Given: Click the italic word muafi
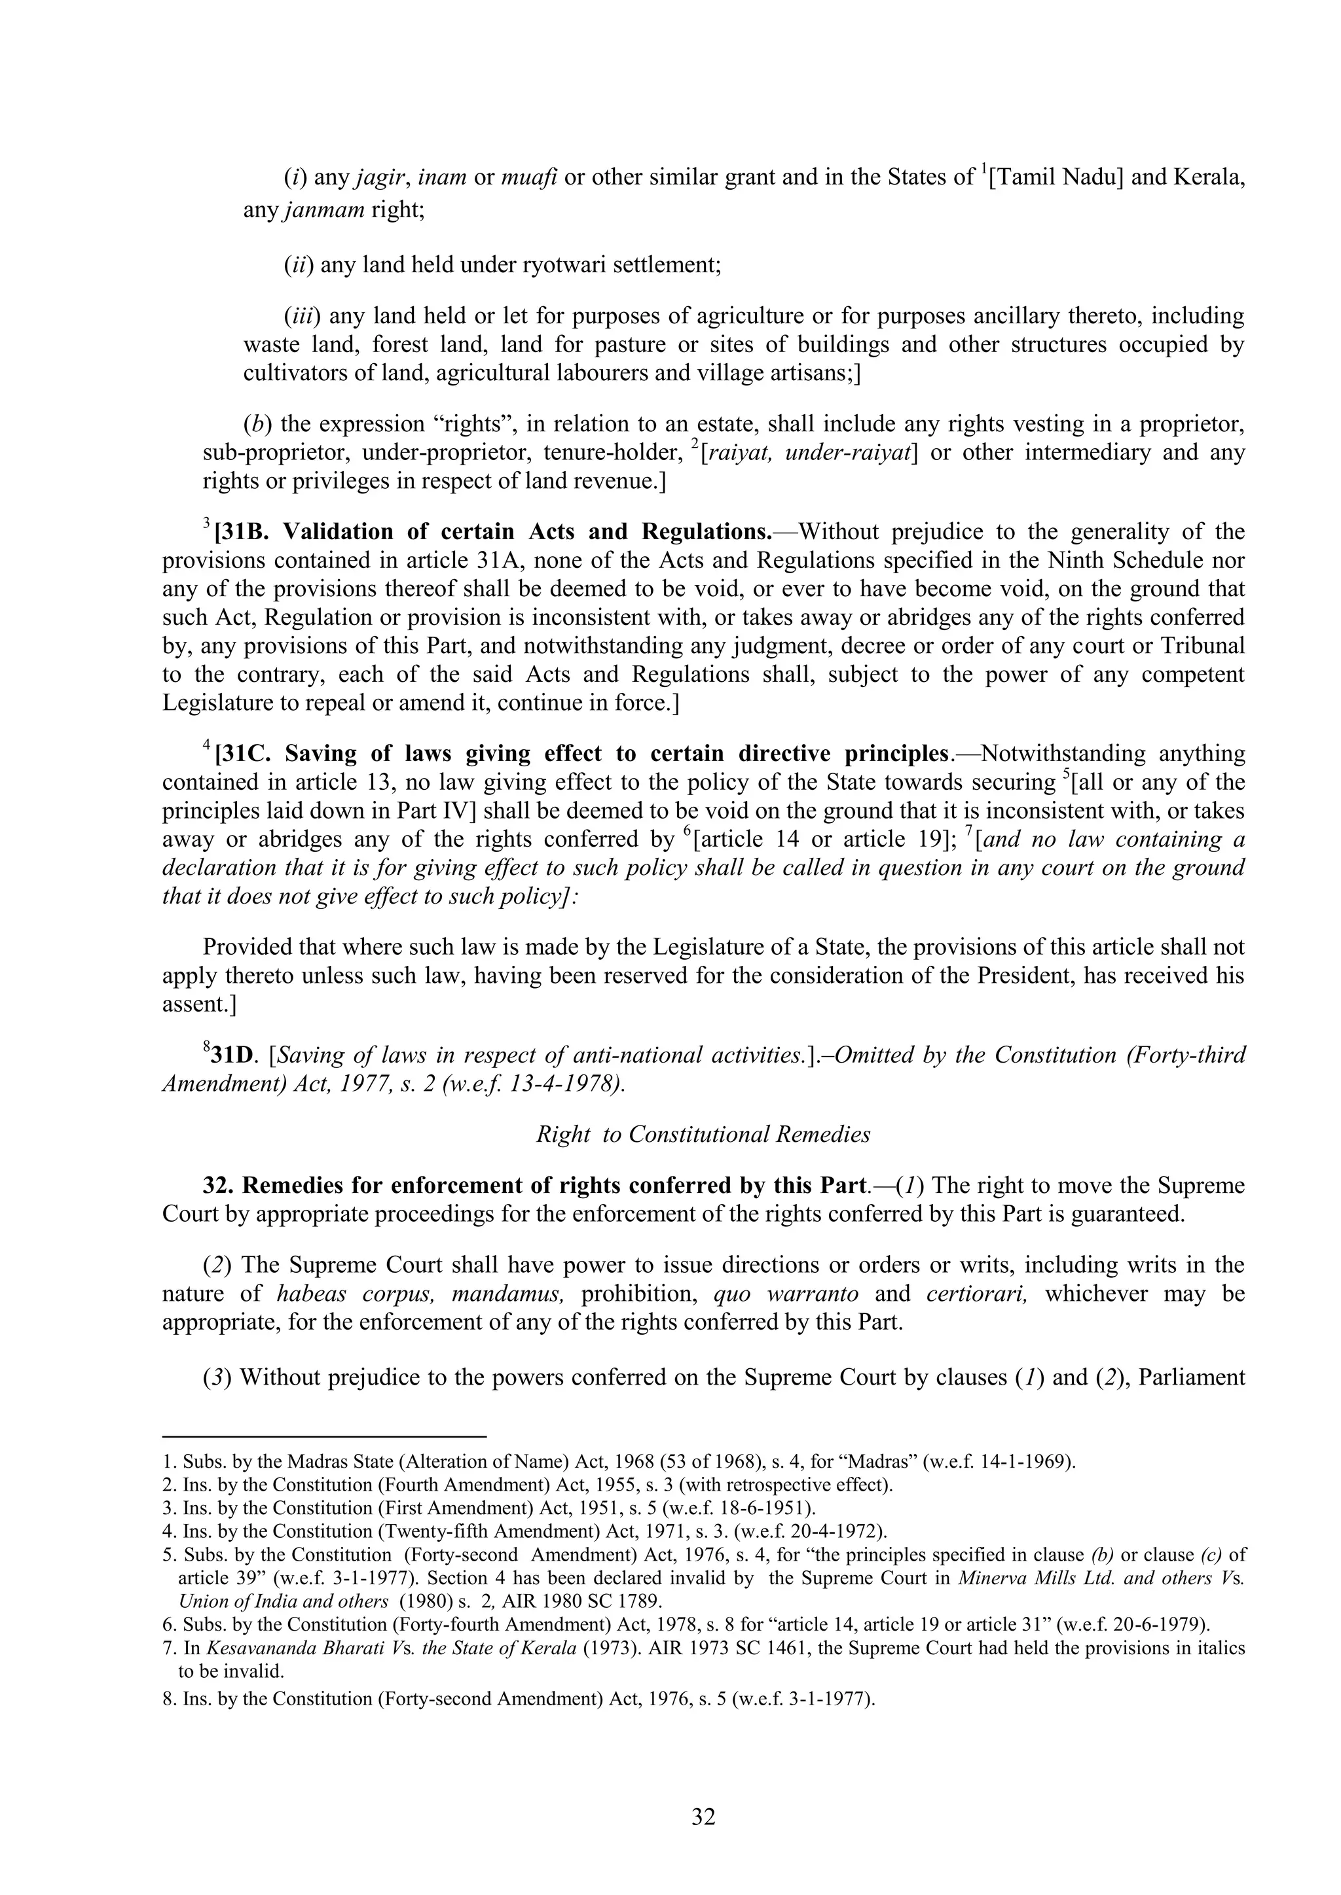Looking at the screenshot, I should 529,177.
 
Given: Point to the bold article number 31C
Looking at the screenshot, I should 246,754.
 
